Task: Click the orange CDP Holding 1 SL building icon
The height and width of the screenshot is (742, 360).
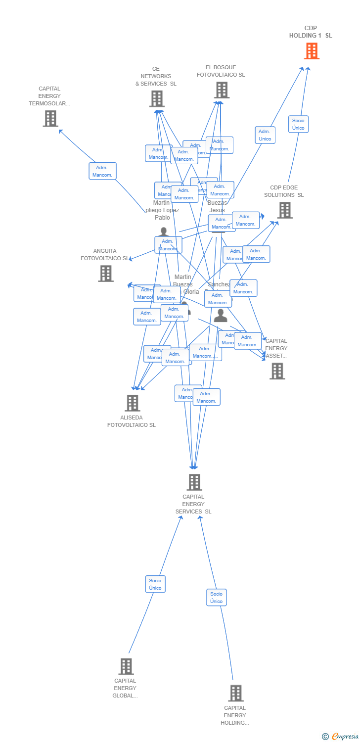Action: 312,51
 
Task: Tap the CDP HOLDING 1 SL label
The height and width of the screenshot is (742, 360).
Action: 311,32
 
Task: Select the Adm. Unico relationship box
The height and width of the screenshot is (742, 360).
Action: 265,135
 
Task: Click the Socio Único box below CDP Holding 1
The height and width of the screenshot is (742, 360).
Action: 298,124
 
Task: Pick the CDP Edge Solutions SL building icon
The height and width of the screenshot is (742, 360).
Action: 284,210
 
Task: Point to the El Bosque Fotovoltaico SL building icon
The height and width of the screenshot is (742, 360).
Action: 222,90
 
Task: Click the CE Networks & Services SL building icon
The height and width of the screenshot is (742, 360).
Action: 157,99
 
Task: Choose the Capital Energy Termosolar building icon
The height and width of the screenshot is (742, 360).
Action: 50,119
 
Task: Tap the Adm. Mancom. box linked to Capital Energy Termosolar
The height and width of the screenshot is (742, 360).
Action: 102,171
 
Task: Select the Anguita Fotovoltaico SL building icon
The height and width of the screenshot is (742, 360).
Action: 105,274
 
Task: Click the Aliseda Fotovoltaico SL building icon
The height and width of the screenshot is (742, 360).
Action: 132,403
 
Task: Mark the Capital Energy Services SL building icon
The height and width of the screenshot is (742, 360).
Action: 194,482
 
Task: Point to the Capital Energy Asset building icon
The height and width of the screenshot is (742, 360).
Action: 277,371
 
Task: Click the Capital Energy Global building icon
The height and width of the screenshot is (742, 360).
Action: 126,666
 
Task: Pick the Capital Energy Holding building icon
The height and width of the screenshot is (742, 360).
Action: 236,693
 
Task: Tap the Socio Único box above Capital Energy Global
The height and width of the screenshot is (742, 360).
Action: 155,584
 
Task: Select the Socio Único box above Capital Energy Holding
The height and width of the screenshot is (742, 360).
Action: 216,598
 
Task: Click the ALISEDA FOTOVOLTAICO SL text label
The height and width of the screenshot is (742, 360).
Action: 132,421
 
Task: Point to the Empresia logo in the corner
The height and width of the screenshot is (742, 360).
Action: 340,737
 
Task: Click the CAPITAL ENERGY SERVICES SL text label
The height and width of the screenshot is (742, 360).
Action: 193,504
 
